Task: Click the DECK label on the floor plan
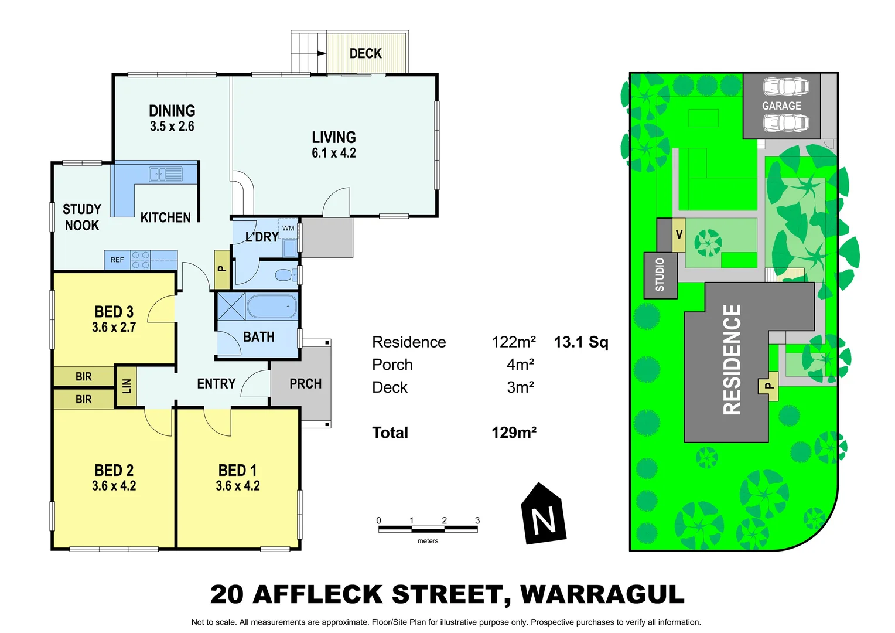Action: pyautogui.click(x=365, y=54)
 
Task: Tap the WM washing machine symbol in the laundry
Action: pyautogui.click(x=288, y=229)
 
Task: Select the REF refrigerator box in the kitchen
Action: pyautogui.click(x=118, y=260)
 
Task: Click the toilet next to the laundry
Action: pyautogui.click(x=286, y=274)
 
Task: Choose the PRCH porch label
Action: pyautogui.click(x=305, y=384)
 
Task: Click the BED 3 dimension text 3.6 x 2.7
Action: pyautogui.click(x=114, y=328)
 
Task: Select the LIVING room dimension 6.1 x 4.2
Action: pyautogui.click(x=334, y=153)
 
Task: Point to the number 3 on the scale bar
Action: pyautogui.click(x=477, y=520)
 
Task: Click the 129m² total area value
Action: pyautogui.click(x=514, y=433)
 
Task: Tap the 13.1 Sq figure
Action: pyautogui.click(x=581, y=342)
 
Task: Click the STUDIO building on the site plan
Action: pyautogui.click(x=660, y=275)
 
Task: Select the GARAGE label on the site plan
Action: pyautogui.click(x=781, y=106)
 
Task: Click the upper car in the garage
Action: pyautogui.click(x=785, y=87)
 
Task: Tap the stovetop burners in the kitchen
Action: pyautogui.click(x=141, y=260)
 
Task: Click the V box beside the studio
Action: pyautogui.click(x=679, y=235)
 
